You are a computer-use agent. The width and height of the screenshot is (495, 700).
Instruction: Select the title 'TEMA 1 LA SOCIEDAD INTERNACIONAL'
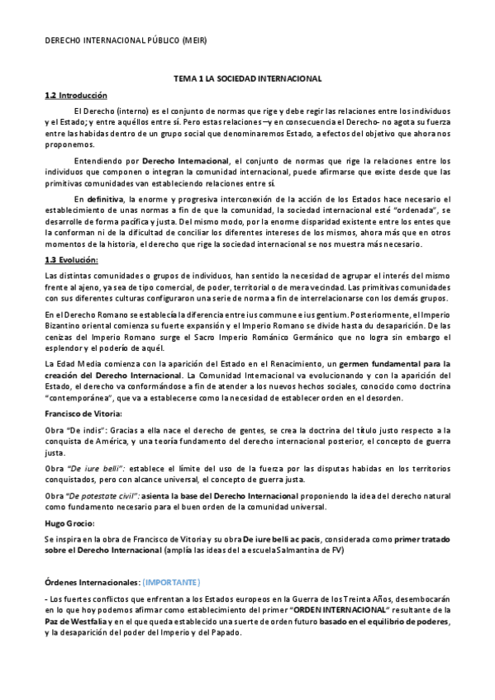pyautogui.click(x=247, y=78)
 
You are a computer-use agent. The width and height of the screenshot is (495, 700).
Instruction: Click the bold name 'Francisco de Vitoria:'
pyautogui.click(x=83, y=413)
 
